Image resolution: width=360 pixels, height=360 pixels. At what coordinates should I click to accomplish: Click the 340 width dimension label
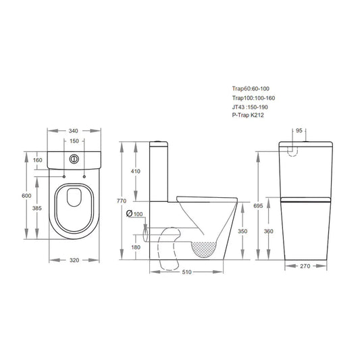(74, 130)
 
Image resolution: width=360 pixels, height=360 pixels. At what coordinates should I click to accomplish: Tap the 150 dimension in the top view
(74, 142)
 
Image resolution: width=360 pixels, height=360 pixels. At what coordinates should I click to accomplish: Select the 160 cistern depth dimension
(38, 160)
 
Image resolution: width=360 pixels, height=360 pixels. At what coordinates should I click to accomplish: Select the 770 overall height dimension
(122, 201)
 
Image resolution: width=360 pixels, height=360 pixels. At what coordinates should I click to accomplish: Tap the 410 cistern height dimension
(136, 172)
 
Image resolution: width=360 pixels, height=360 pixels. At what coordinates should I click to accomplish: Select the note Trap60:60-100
(249, 88)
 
